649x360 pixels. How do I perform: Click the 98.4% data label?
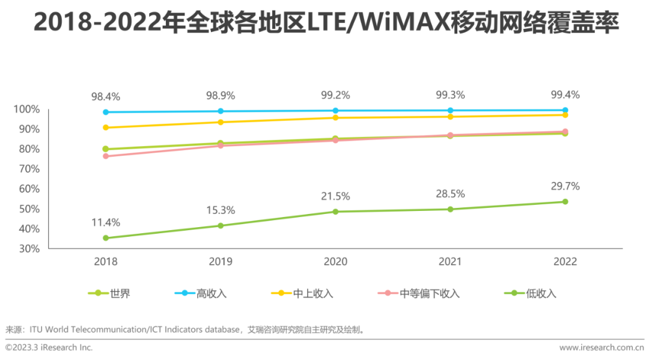pos(106,96)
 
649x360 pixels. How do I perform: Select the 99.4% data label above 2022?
pos(565,94)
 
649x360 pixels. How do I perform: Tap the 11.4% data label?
pos(106,222)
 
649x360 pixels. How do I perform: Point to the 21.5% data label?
pos(335,197)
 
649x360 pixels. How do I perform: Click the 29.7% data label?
pos(565,186)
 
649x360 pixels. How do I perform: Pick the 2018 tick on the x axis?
pos(106,261)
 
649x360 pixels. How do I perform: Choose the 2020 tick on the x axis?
pos(335,261)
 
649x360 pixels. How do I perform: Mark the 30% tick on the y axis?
pos(28,249)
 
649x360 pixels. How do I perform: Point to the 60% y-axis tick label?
pos(28,189)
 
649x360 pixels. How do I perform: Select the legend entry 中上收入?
pos(313,293)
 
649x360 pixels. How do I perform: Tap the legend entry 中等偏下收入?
pos(430,293)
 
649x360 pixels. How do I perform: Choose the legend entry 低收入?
pos(541,293)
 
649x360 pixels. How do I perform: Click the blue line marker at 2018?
pos(106,112)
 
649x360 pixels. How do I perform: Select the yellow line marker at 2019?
pos(221,122)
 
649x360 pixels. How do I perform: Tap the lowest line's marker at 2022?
pos(565,201)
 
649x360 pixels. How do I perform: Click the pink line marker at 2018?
pos(106,156)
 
